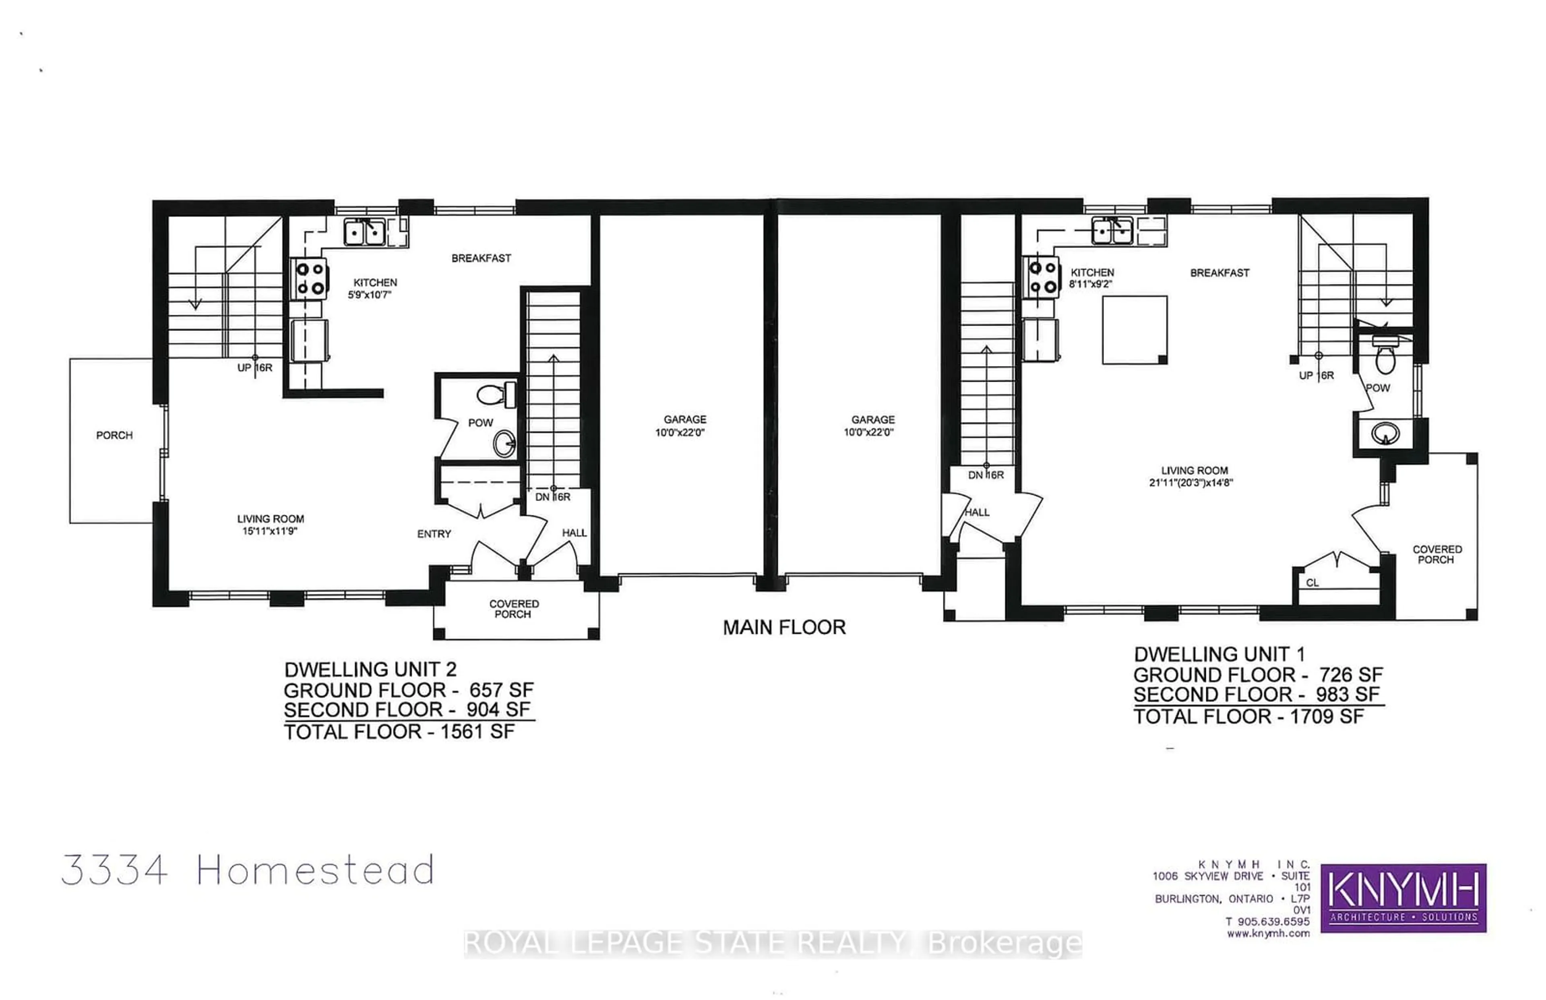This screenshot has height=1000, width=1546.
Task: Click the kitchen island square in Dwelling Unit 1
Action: tap(1135, 330)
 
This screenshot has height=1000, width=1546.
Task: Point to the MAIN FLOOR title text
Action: tap(784, 627)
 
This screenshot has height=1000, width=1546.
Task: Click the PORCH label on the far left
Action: tap(114, 435)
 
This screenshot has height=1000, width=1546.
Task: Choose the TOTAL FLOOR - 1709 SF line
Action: tap(1248, 716)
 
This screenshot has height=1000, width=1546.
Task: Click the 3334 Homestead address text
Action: tap(247, 870)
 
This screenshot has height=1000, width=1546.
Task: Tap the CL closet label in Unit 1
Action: tap(1312, 583)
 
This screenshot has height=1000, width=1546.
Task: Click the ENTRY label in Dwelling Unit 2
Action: tap(434, 534)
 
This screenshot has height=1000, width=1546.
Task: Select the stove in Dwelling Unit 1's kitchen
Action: tap(1042, 277)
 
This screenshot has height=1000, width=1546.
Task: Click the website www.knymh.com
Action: tap(1268, 934)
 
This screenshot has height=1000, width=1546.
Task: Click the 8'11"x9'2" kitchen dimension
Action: tap(1091, 284)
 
